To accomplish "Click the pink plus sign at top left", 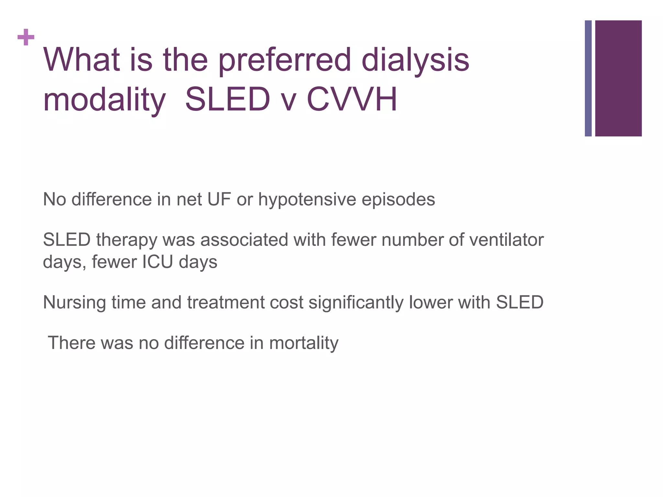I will click(26, 38).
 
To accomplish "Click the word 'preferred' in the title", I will click(285, 60).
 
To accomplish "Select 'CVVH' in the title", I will click(352, 99).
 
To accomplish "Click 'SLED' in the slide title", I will click(227, 99).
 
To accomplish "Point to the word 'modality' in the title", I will click(104, 100).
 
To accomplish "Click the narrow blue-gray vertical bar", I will click(588, 78).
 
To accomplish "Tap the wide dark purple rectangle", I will click(618, 78).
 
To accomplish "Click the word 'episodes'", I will click(398, 200).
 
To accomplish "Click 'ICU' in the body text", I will click(158, 262).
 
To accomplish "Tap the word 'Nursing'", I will click(74, 303).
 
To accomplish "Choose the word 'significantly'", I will click(356, 303).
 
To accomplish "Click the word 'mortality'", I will click(304, 343).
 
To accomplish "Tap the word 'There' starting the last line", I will click(71, 343).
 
